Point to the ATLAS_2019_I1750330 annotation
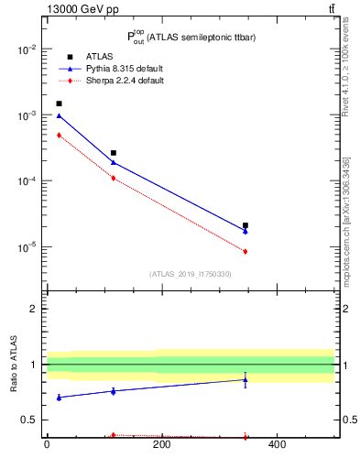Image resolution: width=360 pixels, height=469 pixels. click(x=190, y=274)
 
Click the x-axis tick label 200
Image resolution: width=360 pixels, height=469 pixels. click(x=161, y=446)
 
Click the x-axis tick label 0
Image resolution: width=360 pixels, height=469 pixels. click(x=47, y=446)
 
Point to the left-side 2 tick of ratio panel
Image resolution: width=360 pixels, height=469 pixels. click(x=34, y=309)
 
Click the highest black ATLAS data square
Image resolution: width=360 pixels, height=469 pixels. click(x=59, y=104)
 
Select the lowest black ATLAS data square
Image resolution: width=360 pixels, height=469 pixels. click(x=245, y=225)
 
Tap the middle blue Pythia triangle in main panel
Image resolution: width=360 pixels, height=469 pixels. click(x=114, y=162)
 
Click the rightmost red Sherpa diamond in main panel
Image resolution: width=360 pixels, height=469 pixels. click(x=245, y=251)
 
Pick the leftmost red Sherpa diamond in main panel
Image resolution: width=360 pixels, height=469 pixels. click(x=59, y=136)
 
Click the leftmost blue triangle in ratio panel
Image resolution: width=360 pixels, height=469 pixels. click(x=59, y=398)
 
